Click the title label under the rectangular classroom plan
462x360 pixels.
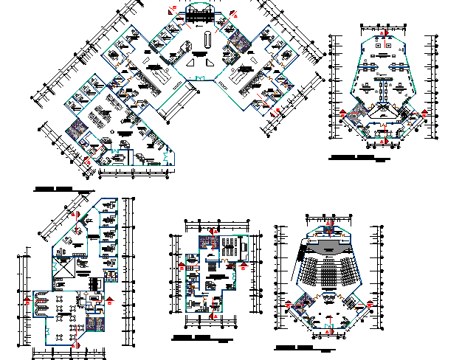click(x=190, y=337)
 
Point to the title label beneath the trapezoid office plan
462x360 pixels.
click(x=351, y=158)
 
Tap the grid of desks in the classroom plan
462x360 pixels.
click(x=230, y=246)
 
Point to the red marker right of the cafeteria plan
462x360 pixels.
click(x=109, y=299)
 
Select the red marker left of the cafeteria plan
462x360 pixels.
click(x=28, y=299)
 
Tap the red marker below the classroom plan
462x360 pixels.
click(x=212, y=315)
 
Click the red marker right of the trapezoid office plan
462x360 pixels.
click(x=425, y=112)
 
